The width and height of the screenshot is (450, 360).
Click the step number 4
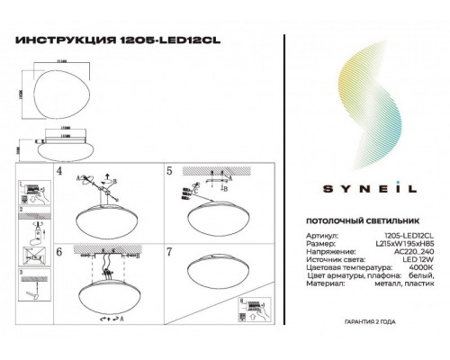click(x=58, y=169)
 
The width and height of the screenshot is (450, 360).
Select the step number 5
click(x=168, y=169)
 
